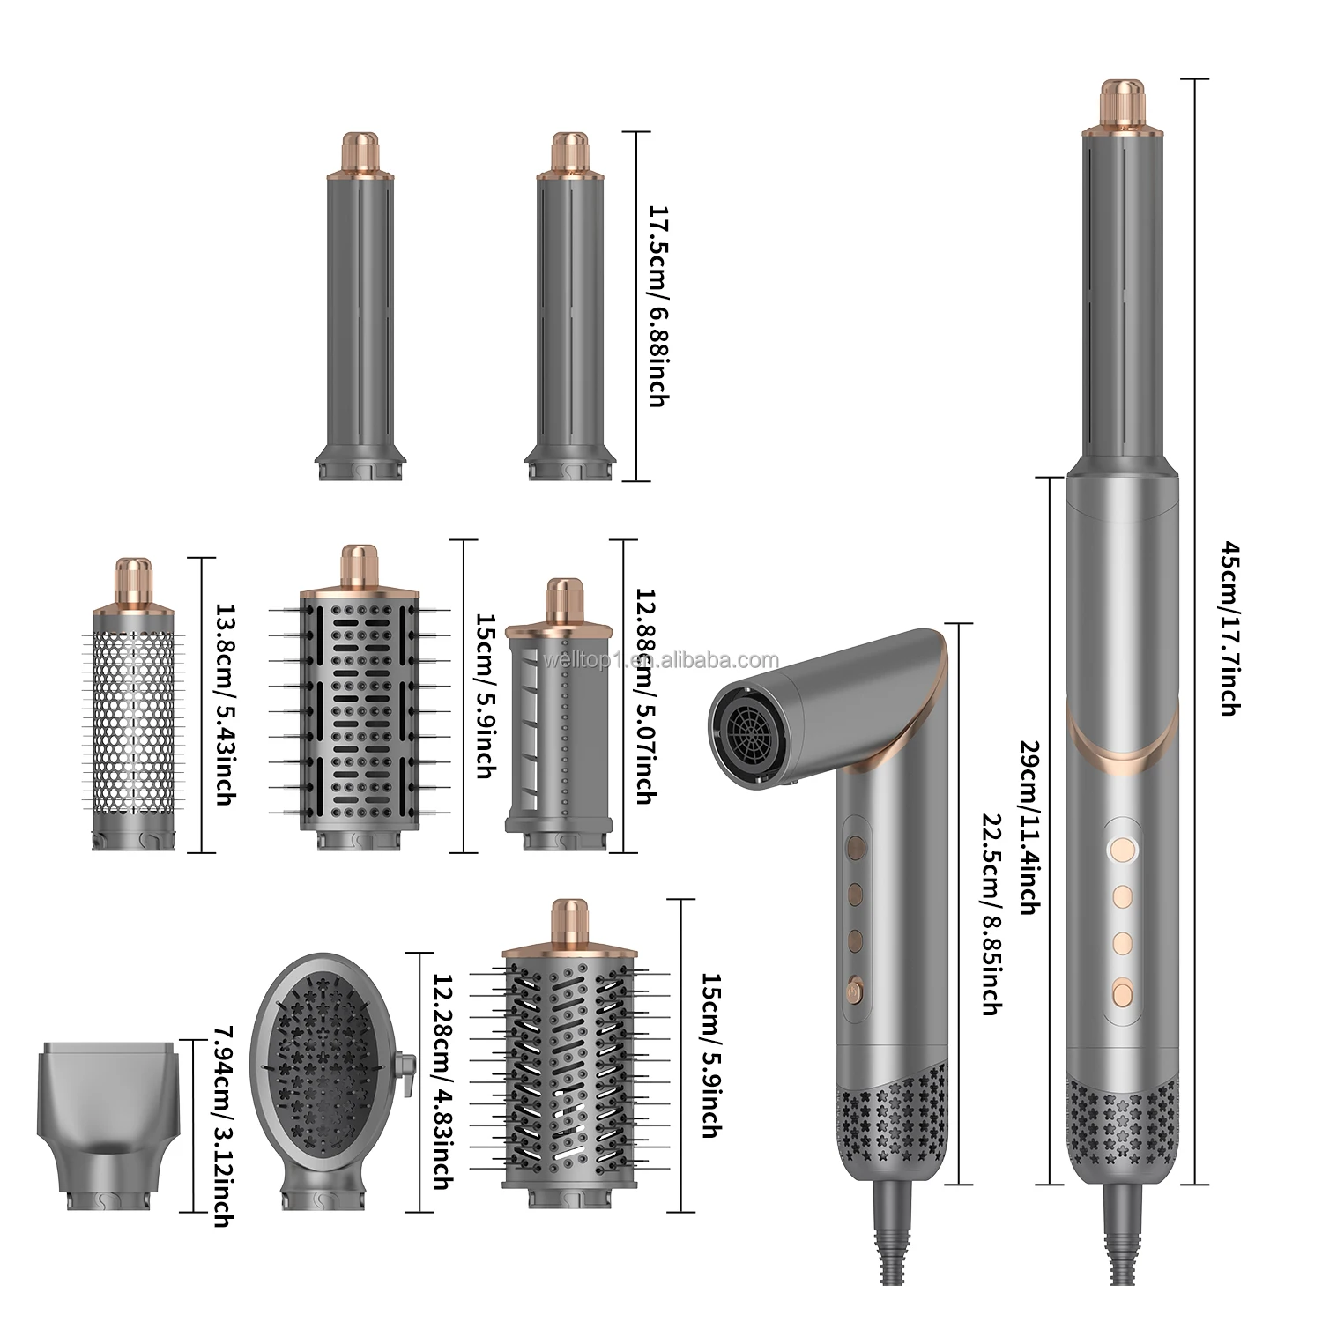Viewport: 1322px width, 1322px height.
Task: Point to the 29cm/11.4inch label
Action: coord(1026,814)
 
